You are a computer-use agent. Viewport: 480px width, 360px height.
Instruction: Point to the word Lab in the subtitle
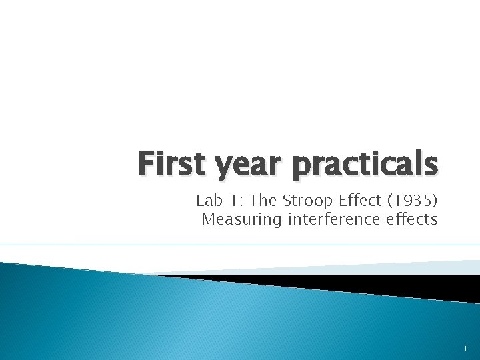pyautogui.click(x=208, y=201)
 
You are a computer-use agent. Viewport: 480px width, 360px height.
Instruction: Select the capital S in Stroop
pyautogui.click(x=289, y=201)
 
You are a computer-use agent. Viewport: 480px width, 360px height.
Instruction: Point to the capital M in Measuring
pyautogui.click(x=208, y=219)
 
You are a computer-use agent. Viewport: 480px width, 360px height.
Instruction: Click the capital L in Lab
pyautogui.click(x=200, y=201)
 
